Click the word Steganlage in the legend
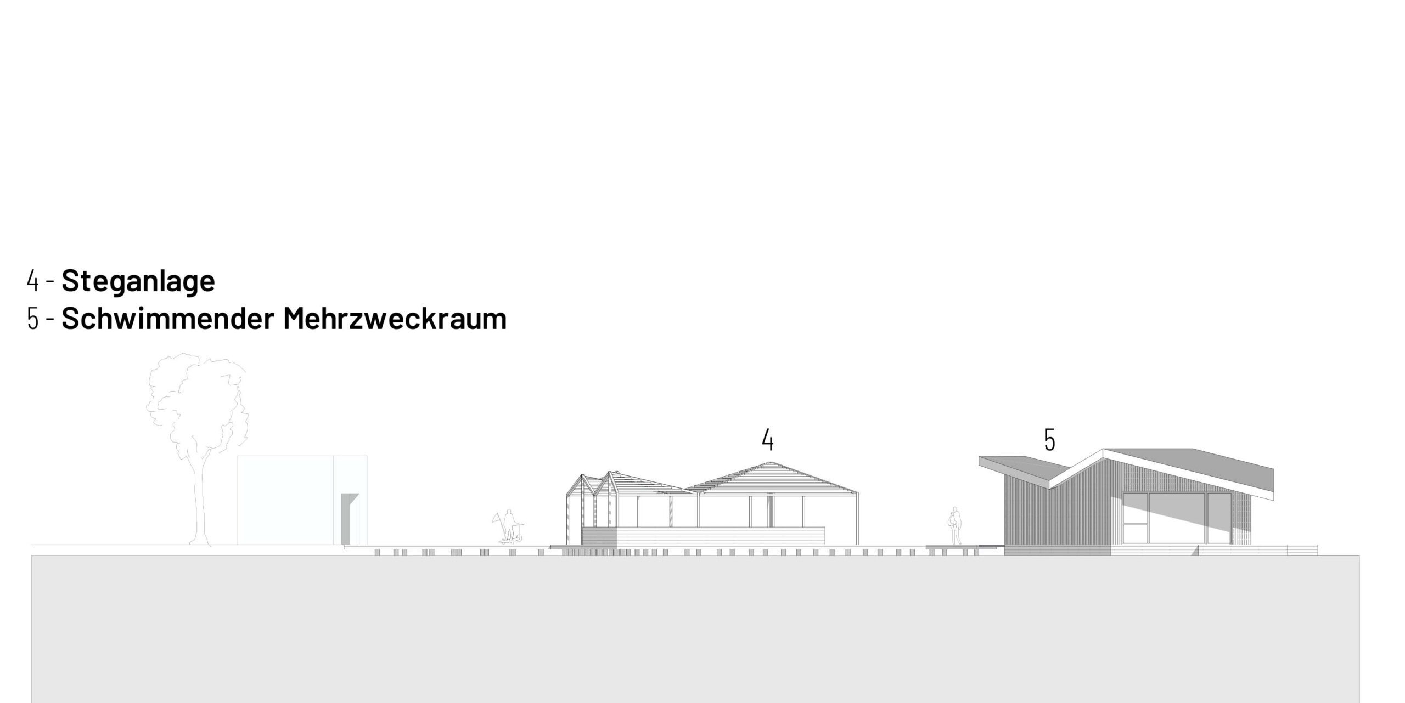coord(138,281)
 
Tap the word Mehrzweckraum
coord(395,319)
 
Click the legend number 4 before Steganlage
coord(33,281)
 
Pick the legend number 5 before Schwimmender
coord(33,319)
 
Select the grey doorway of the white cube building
coord(346,519)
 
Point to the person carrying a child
coord(956,525)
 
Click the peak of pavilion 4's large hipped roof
coord(770,462)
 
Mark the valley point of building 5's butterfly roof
coord(1050,487)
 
